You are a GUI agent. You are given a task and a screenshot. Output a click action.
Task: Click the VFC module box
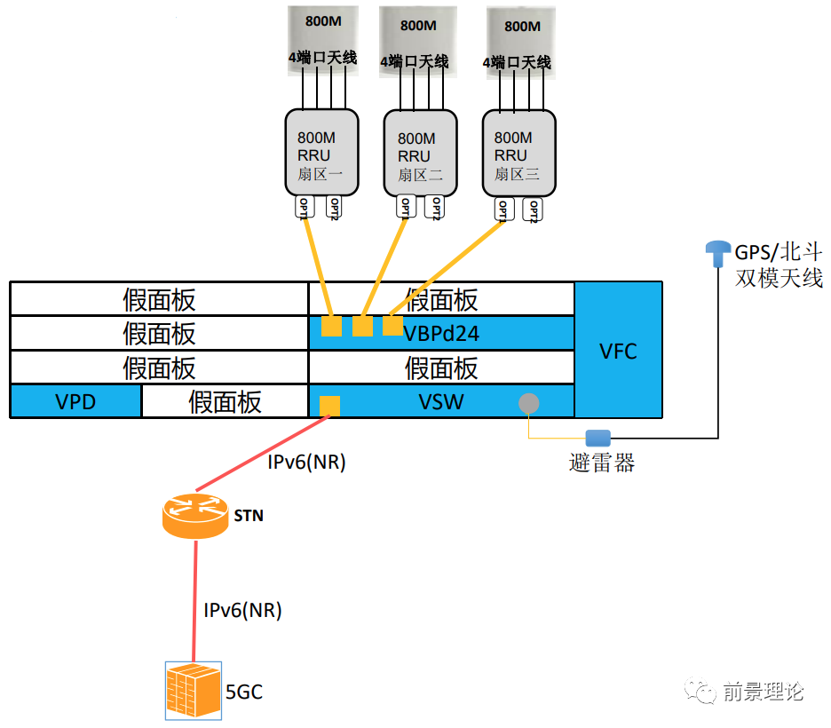coord(618,350)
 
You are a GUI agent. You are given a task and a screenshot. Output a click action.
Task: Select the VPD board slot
coord(75,402)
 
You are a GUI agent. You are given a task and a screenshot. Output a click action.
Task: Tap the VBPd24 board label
coord(441,333)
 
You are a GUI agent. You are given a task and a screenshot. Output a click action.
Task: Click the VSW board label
coord(441,401)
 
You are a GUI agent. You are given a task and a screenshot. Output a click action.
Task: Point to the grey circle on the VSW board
coord(529,403)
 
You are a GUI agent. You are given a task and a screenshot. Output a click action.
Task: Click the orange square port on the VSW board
coord(328,406)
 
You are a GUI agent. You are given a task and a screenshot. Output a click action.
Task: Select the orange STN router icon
coord(195,515)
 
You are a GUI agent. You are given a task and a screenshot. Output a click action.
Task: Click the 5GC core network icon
coord(193,690)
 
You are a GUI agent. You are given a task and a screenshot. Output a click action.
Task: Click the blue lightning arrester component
coord(598,438)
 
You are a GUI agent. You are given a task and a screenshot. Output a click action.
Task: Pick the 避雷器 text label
coord(602,463)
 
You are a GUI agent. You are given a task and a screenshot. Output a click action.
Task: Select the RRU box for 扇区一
coord(321,153)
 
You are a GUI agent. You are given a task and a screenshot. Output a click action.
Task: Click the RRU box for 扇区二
coord(420,153)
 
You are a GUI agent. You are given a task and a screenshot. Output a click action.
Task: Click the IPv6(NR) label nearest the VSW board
coord(306,462)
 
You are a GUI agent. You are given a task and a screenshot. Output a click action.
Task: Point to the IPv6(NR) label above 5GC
coord(242,610)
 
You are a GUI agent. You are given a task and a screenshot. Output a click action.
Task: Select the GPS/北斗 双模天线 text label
coord(779,264)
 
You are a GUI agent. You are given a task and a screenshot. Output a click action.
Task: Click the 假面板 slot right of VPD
coord(225,402)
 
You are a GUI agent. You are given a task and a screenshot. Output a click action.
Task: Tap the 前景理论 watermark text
coord(763,692)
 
